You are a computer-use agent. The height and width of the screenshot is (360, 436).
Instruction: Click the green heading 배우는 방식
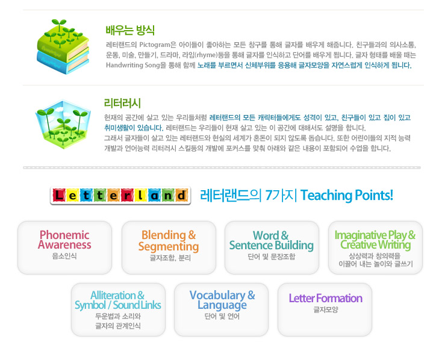coord(130,30)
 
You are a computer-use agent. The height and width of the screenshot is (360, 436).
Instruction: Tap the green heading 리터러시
coord(122,103)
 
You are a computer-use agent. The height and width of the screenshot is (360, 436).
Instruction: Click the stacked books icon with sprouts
coord(63,46)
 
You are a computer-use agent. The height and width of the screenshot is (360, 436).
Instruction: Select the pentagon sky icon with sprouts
coord(63,124)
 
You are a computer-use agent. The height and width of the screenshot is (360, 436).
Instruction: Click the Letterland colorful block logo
coord(120,196)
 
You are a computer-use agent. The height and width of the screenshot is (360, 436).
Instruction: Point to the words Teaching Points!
coord(346,195)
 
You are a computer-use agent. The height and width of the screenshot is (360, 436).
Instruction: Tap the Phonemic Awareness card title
coord(64,240)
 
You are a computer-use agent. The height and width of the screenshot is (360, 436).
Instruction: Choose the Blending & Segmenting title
coord(169,241)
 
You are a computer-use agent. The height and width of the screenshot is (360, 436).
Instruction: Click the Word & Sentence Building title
coord(272,240)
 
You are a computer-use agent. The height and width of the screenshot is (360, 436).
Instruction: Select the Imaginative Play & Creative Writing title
coord(375,240)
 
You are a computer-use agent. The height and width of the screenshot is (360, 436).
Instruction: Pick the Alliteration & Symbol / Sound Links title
coord(118,300)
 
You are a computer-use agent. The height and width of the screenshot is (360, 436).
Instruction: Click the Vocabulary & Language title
coord(222,300)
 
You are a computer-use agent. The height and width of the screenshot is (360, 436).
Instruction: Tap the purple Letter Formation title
coord(325,298)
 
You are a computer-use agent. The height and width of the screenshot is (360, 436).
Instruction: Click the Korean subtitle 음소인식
coord(64,256)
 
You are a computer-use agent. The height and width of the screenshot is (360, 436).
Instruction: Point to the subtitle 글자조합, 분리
coord(170,258)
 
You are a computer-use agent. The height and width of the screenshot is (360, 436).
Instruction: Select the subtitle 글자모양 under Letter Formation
coord(326,309)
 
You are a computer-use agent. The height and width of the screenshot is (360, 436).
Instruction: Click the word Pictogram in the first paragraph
coord(155,45)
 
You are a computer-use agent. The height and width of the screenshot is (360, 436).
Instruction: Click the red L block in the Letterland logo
coord(58,195)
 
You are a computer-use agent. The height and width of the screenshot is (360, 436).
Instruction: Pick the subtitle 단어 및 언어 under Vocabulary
coord(222,317)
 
